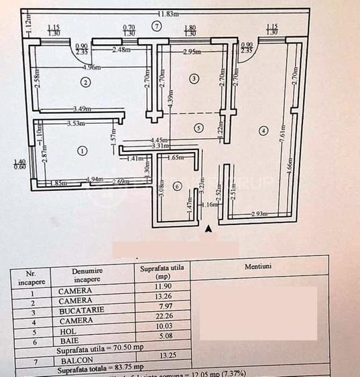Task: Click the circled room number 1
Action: (82, 151)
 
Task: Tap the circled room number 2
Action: (85, 82)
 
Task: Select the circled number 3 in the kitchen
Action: (194, 79)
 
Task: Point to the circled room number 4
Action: (263, 130)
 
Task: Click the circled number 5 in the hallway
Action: (198, 127)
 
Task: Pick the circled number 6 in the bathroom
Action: (177, 186)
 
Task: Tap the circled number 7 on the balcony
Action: (156, 26)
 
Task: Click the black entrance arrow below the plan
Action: (208, 229)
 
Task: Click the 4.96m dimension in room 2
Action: (92, 67)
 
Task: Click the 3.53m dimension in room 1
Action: (79, 123)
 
